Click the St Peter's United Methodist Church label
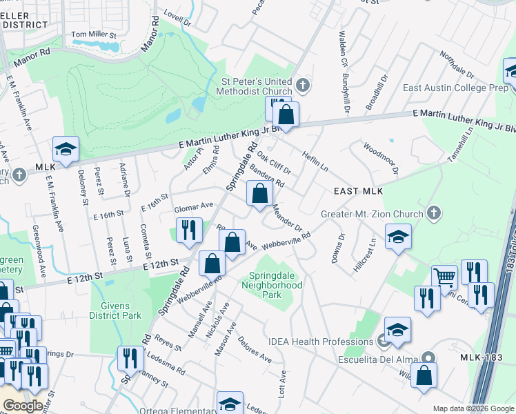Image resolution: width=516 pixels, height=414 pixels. point(257,86)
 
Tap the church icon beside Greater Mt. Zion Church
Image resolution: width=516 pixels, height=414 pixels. point(433,211)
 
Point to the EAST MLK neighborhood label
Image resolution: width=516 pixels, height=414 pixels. point(358,191)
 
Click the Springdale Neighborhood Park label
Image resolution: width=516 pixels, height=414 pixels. point(266,284)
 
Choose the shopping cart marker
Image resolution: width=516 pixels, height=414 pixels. point(444,277)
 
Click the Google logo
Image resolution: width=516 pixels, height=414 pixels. point(22,406)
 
